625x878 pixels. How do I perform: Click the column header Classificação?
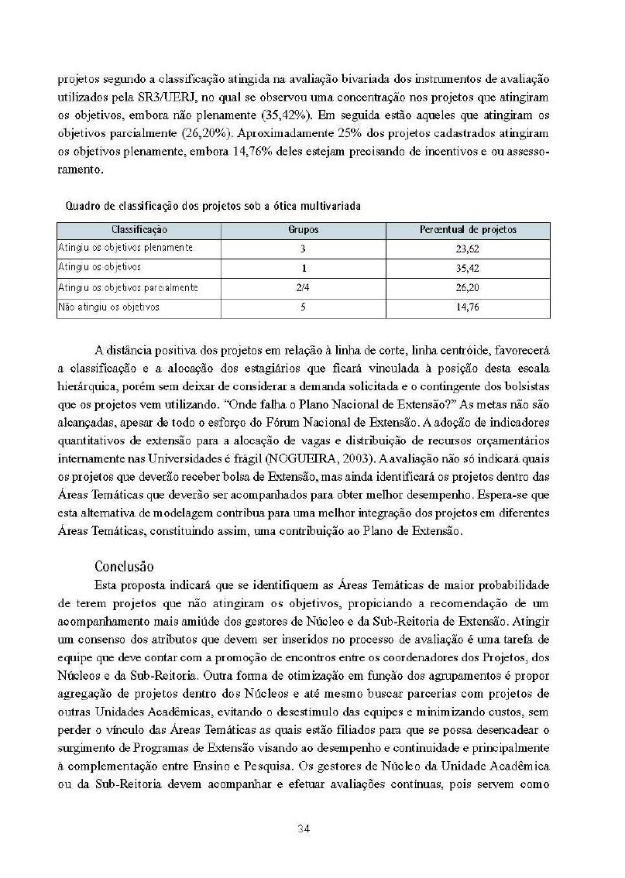click(x=139, y=230)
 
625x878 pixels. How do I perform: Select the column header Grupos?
click(x=304, y=230)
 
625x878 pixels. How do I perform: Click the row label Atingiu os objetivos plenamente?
click(x=125, y=248)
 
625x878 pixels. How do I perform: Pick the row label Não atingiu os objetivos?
click(x=109, y=307)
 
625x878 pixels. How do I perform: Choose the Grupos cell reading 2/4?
click(x=304, y=288)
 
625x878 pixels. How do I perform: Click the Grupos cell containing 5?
click(x=304, y=307)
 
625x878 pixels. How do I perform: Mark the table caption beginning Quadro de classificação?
click(x=212, y=206)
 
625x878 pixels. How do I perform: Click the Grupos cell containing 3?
click(x=304, y=249)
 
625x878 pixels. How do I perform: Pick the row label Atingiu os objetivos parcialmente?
click(x=129, y=287)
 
